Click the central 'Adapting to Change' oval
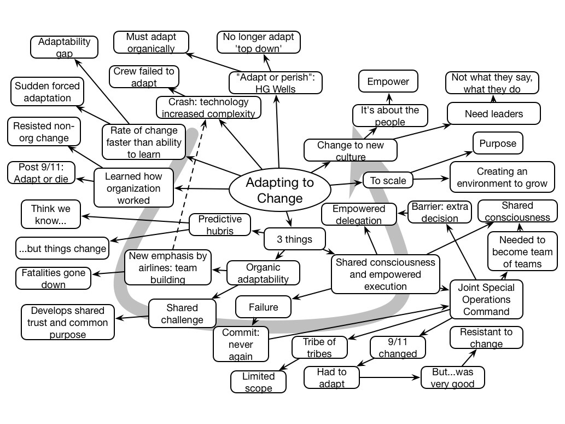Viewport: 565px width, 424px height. click(x=279, y=189)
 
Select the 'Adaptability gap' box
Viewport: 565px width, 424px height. click(x=65, y=47)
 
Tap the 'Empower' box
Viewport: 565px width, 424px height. click(x=388, y=82)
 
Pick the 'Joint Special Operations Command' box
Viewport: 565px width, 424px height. click(x=486, y=300)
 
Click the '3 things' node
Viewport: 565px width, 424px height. click(x=295, y=239)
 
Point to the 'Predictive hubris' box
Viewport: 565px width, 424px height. click(x=220, y=224)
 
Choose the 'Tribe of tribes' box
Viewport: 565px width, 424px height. click(x=319, y=347)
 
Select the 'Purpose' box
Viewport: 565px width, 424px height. click(x=497, y=144)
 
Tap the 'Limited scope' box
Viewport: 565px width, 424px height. click(x=258, y=382)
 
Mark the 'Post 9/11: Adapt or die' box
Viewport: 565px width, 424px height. click(x=42, y=173)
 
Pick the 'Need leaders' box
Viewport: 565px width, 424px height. click(x=493, y=114)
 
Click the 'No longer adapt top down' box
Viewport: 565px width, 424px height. click(x=258, y=43)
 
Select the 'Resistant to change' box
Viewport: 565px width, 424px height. click(x=486, y=337)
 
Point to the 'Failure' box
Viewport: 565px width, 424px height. click(x=264, y=307)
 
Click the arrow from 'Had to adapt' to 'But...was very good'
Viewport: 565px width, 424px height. click(x=391, y=377)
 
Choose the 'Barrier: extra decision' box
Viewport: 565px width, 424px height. click(x=440, y=212)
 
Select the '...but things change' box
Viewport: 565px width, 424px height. click(x=62, y=249)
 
